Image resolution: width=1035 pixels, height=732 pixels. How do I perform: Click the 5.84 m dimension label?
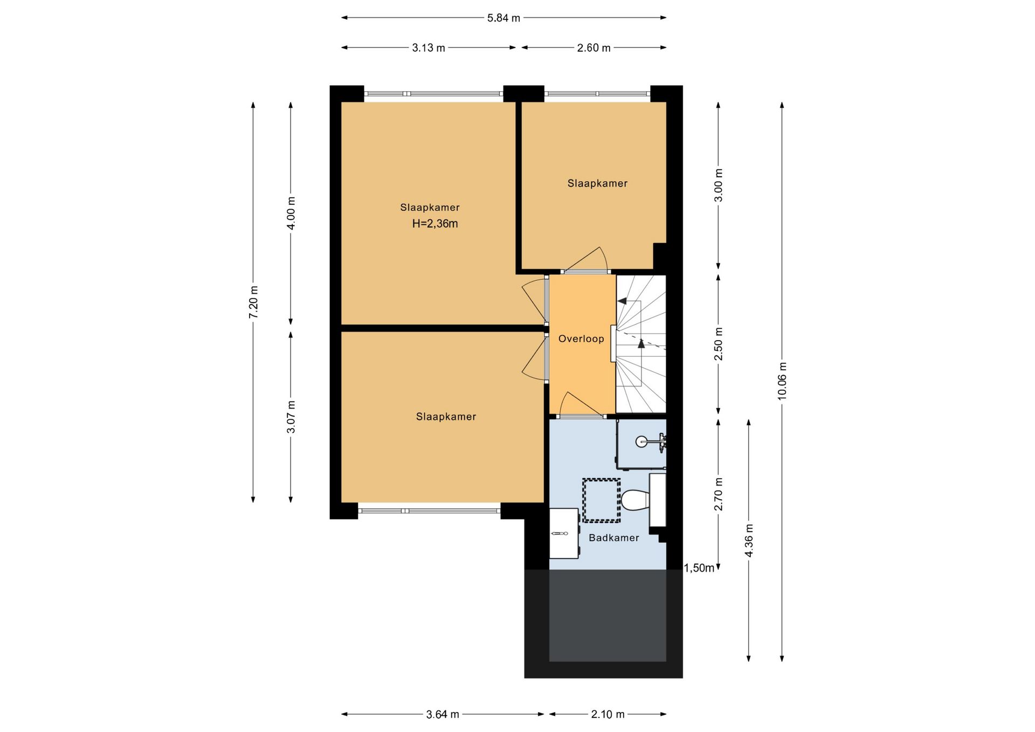click(x=503, y=18)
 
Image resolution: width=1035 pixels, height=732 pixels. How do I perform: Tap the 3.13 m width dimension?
click(x=429, y=48)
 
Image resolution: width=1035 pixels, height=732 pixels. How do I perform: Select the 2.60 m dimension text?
click(x=594, y=48)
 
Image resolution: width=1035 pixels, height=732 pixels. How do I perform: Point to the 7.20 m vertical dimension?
click(x=253, y=302)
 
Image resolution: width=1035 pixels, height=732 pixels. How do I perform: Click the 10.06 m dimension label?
click(x=782, y=381)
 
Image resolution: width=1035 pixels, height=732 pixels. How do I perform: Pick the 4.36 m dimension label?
click(x=749, y=540)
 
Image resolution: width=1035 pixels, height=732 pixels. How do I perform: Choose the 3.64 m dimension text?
click(x=443, y=715)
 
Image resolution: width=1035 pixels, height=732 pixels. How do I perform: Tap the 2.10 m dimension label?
click(x=608, y=715)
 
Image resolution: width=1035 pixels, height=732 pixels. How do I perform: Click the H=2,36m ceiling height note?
click(x=435, y=224)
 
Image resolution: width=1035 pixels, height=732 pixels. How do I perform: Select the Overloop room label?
click(x=581, y=339)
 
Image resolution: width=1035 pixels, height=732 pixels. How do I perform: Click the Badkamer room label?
click(x=614, y=538)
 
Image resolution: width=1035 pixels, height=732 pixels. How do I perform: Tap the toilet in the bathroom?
click(x=636, y=500)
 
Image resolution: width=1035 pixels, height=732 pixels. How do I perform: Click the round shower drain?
click(x=641, y=442)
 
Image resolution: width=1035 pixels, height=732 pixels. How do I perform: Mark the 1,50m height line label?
click(x=699, y=568)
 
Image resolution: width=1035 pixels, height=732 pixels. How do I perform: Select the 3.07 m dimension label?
click(x=291, y=417)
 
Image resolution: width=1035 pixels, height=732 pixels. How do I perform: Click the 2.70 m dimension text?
click(x=719, y=494)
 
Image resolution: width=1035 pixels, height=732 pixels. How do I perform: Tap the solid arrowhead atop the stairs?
click(x=622, y=301)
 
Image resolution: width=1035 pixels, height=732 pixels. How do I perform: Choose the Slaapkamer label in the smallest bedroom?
click(x=597, y=184)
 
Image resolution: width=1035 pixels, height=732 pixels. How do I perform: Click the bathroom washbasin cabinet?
click(x=564, y=534)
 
